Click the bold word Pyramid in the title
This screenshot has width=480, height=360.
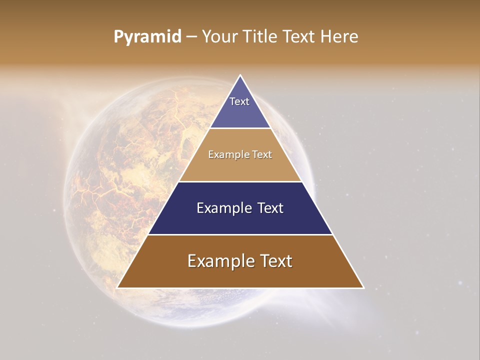coord(147,37)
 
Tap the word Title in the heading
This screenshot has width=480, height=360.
coord(261,37)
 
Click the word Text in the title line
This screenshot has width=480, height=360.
coord(300,37)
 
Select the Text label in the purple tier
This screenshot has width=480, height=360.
coord(239,101)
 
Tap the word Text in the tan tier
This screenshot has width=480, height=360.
coord(262,154)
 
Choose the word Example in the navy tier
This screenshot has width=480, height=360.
coord(223,208)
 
